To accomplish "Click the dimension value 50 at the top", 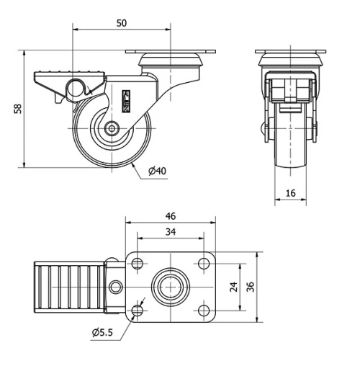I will coord(121,23).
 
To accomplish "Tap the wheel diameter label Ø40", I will coord(158,171).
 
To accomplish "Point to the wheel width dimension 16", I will coord(291,192).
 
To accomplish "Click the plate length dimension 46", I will coord(170,215).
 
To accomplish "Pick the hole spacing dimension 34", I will coord(170,232).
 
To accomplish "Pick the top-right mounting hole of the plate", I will coord(203,263).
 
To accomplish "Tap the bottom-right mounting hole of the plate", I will coord(203,311).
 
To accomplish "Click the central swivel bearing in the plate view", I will coord(170,287).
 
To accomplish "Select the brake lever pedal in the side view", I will coord(68,78).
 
